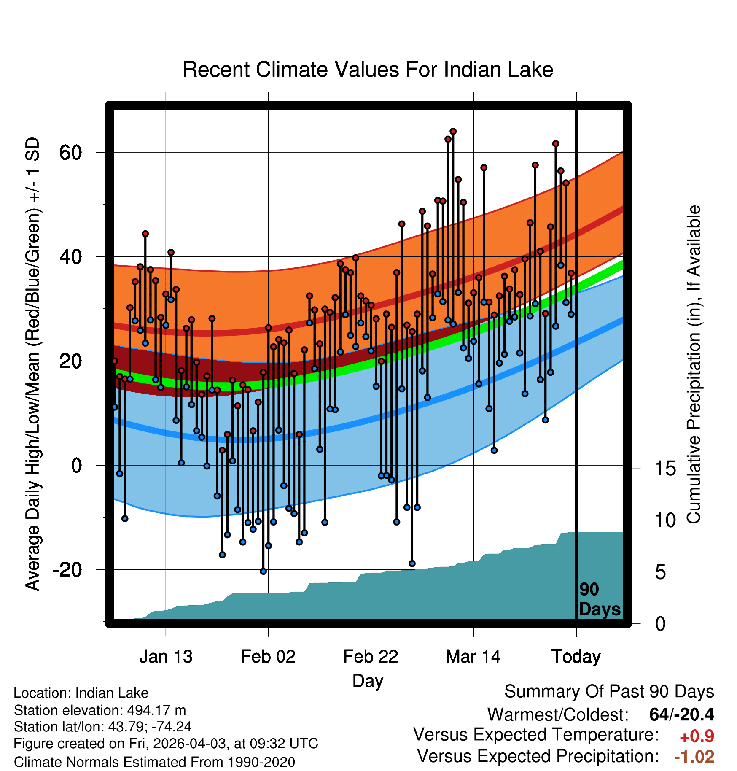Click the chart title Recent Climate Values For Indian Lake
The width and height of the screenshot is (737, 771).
(x=368, y=70)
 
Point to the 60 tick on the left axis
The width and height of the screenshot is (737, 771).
(x=70, y=152)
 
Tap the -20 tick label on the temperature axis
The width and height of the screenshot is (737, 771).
(x=67, y=570)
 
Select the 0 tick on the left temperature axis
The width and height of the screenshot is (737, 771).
(x=76, y=466)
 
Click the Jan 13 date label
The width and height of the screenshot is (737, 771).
(x=166, y=657)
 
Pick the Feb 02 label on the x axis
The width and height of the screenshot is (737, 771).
(x=268, y=657)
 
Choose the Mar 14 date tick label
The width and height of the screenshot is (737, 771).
(x=473, y=657)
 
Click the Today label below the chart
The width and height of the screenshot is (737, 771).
(x=576, y=657)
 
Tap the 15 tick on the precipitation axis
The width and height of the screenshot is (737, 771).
(x=665, y=468)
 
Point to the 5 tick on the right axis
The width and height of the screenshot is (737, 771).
(x=660, y=572)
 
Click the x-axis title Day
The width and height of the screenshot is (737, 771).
(x=368, y=682)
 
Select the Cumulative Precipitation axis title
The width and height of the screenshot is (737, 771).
(x=694, y=365)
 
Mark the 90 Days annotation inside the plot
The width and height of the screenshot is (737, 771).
(x=600, y=599)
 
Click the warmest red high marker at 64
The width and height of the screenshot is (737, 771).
(x=453, y=132)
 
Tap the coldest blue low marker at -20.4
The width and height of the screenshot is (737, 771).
(x=263, y=572)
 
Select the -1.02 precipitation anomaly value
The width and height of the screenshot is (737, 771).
(x=694, y=757)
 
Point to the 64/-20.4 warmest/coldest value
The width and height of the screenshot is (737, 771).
(x=681, y=714)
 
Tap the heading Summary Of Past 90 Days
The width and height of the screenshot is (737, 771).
(x=609, y=692)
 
